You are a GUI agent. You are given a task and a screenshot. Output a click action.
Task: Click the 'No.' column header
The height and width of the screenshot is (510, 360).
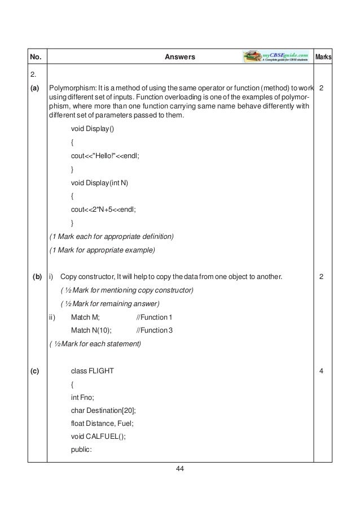coord(36,57)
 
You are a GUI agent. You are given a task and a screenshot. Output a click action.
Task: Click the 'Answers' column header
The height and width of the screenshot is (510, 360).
coord(180,57)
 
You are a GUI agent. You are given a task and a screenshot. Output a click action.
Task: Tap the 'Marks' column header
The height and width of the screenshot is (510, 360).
coord(323,57)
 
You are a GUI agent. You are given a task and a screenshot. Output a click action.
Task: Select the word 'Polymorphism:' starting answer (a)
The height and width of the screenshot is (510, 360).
coord(71,89)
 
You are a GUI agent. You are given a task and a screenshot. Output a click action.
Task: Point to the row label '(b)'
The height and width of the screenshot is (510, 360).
coord(37,277)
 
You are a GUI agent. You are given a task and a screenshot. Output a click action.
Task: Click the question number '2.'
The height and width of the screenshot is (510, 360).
coord(34,75)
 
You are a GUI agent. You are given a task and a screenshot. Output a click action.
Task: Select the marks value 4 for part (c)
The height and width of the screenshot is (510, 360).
coord(321,370)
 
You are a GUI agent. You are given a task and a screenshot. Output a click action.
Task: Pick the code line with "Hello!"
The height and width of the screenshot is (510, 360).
coord(104,156)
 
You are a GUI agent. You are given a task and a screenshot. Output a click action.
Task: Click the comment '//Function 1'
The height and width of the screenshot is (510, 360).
coord(155,317)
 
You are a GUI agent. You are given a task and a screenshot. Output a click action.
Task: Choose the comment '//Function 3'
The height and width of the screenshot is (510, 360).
coord(155,330)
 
